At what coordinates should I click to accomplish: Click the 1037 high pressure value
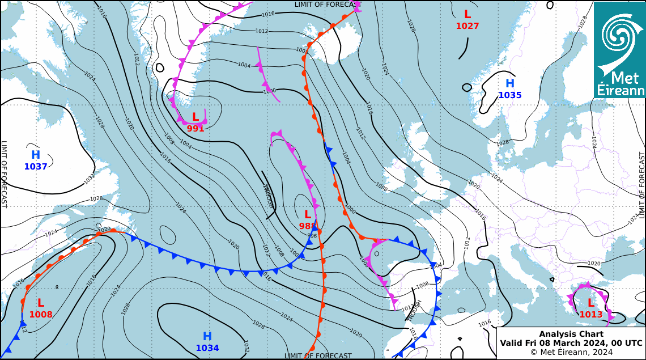point(35,167)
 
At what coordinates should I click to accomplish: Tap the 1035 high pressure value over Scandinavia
point(510,95)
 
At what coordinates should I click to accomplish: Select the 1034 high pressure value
point(207,348)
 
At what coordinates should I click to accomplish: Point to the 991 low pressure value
point(195,129)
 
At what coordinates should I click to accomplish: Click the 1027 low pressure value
point(467,26)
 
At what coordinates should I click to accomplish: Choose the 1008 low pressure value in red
point(41,315)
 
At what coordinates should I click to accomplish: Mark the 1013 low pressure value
point(591,315)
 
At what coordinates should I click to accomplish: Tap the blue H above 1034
point(207,336)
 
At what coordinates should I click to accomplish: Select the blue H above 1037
point(36,155)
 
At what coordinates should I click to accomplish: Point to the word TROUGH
point(414,311)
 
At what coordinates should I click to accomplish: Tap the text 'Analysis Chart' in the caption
point(571,334)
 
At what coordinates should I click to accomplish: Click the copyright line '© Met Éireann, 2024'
point(571,352)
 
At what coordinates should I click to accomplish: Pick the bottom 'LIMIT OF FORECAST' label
point(318,355)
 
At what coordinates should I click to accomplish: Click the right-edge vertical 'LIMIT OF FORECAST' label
point(642,185)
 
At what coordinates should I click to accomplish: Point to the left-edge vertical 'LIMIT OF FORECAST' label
point(4,174)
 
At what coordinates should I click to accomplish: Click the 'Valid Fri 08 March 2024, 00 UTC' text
point(571,343)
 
